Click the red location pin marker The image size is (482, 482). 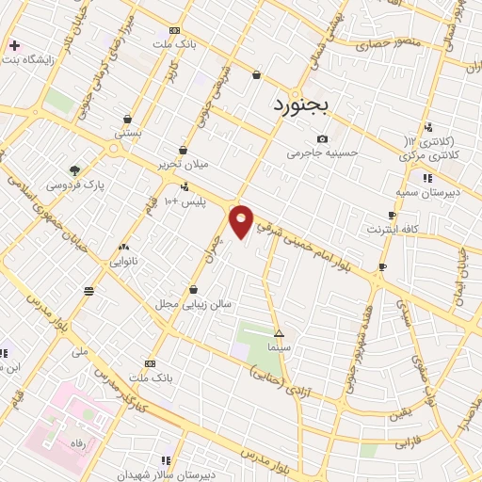point(242,221)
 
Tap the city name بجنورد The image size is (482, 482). point(301,103)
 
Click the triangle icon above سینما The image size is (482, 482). point(279,333)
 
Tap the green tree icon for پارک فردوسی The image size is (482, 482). point(74,170)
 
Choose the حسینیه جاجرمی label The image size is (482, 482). point(322,153)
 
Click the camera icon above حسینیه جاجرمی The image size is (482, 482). point(323,138)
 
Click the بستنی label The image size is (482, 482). point(128,133)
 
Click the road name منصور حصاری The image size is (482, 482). point(387,43)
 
